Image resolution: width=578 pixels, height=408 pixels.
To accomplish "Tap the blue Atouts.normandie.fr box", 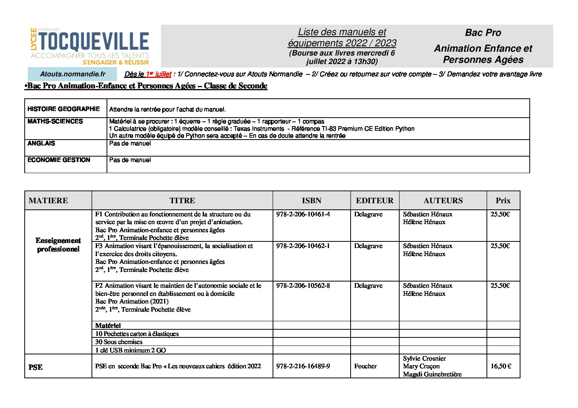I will click(72, 74).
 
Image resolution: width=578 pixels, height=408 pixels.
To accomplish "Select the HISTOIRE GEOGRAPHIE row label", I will click(64, 109).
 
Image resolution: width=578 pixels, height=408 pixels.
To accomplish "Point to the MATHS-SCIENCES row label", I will click(55, 121).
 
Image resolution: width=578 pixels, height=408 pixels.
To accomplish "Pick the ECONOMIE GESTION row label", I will click(59, 160).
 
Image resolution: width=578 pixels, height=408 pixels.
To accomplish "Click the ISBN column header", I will click(311, 201).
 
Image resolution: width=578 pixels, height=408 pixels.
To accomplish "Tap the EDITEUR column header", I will click(375, 201).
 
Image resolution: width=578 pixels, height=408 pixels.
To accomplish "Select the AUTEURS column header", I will click(443, 201).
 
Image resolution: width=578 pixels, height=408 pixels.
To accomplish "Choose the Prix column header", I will click(503, 201).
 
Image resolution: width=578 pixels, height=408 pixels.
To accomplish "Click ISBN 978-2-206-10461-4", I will click(303, 214).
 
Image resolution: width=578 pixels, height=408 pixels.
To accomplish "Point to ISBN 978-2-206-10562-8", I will click(303, 286).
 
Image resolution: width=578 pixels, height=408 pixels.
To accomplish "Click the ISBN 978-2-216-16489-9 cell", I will click(303, 366).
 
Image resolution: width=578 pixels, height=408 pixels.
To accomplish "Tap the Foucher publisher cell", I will click(365, 366).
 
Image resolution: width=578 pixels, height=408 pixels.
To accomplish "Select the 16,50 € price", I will click(501, 366).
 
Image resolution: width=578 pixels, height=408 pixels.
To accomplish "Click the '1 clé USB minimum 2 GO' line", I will click(131, 350).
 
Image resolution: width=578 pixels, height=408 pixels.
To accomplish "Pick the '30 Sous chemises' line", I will click(119, 342).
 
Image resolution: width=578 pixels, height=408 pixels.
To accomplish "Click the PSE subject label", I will click(36, 367).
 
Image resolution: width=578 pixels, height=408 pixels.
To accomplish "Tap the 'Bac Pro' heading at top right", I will click(483, 33).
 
